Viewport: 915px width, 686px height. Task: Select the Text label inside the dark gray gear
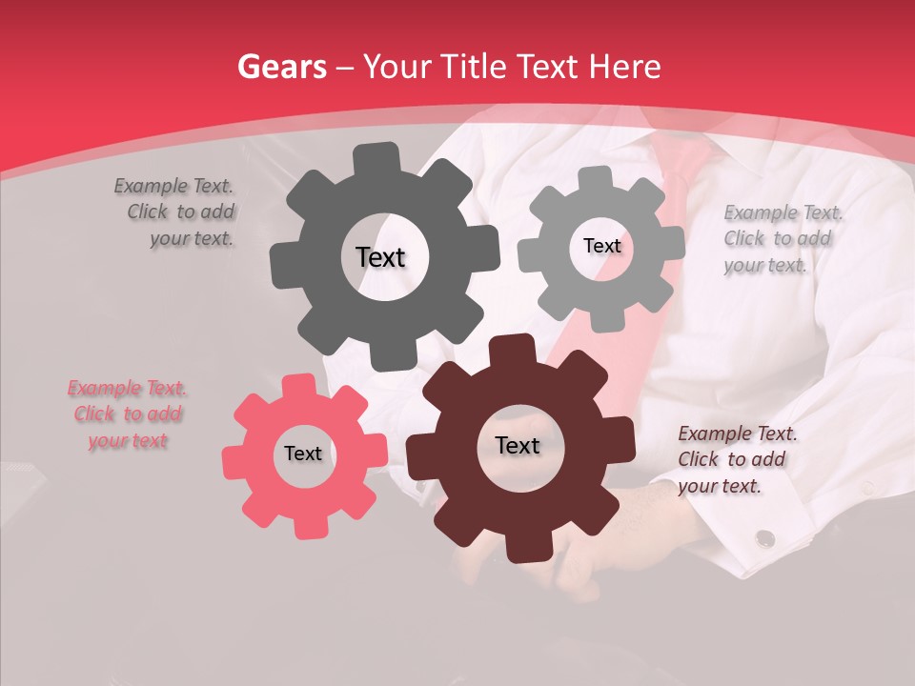click(x=380, y=257)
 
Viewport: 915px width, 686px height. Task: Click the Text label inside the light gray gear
click(x=601, y=246)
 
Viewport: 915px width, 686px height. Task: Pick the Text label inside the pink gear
click(x=303, y=454)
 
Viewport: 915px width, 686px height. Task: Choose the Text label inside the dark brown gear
click(x=518, y=446)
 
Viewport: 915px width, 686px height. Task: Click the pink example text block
click(x=128, y=414)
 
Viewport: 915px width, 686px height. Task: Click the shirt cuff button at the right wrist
click(x=764, y=539)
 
